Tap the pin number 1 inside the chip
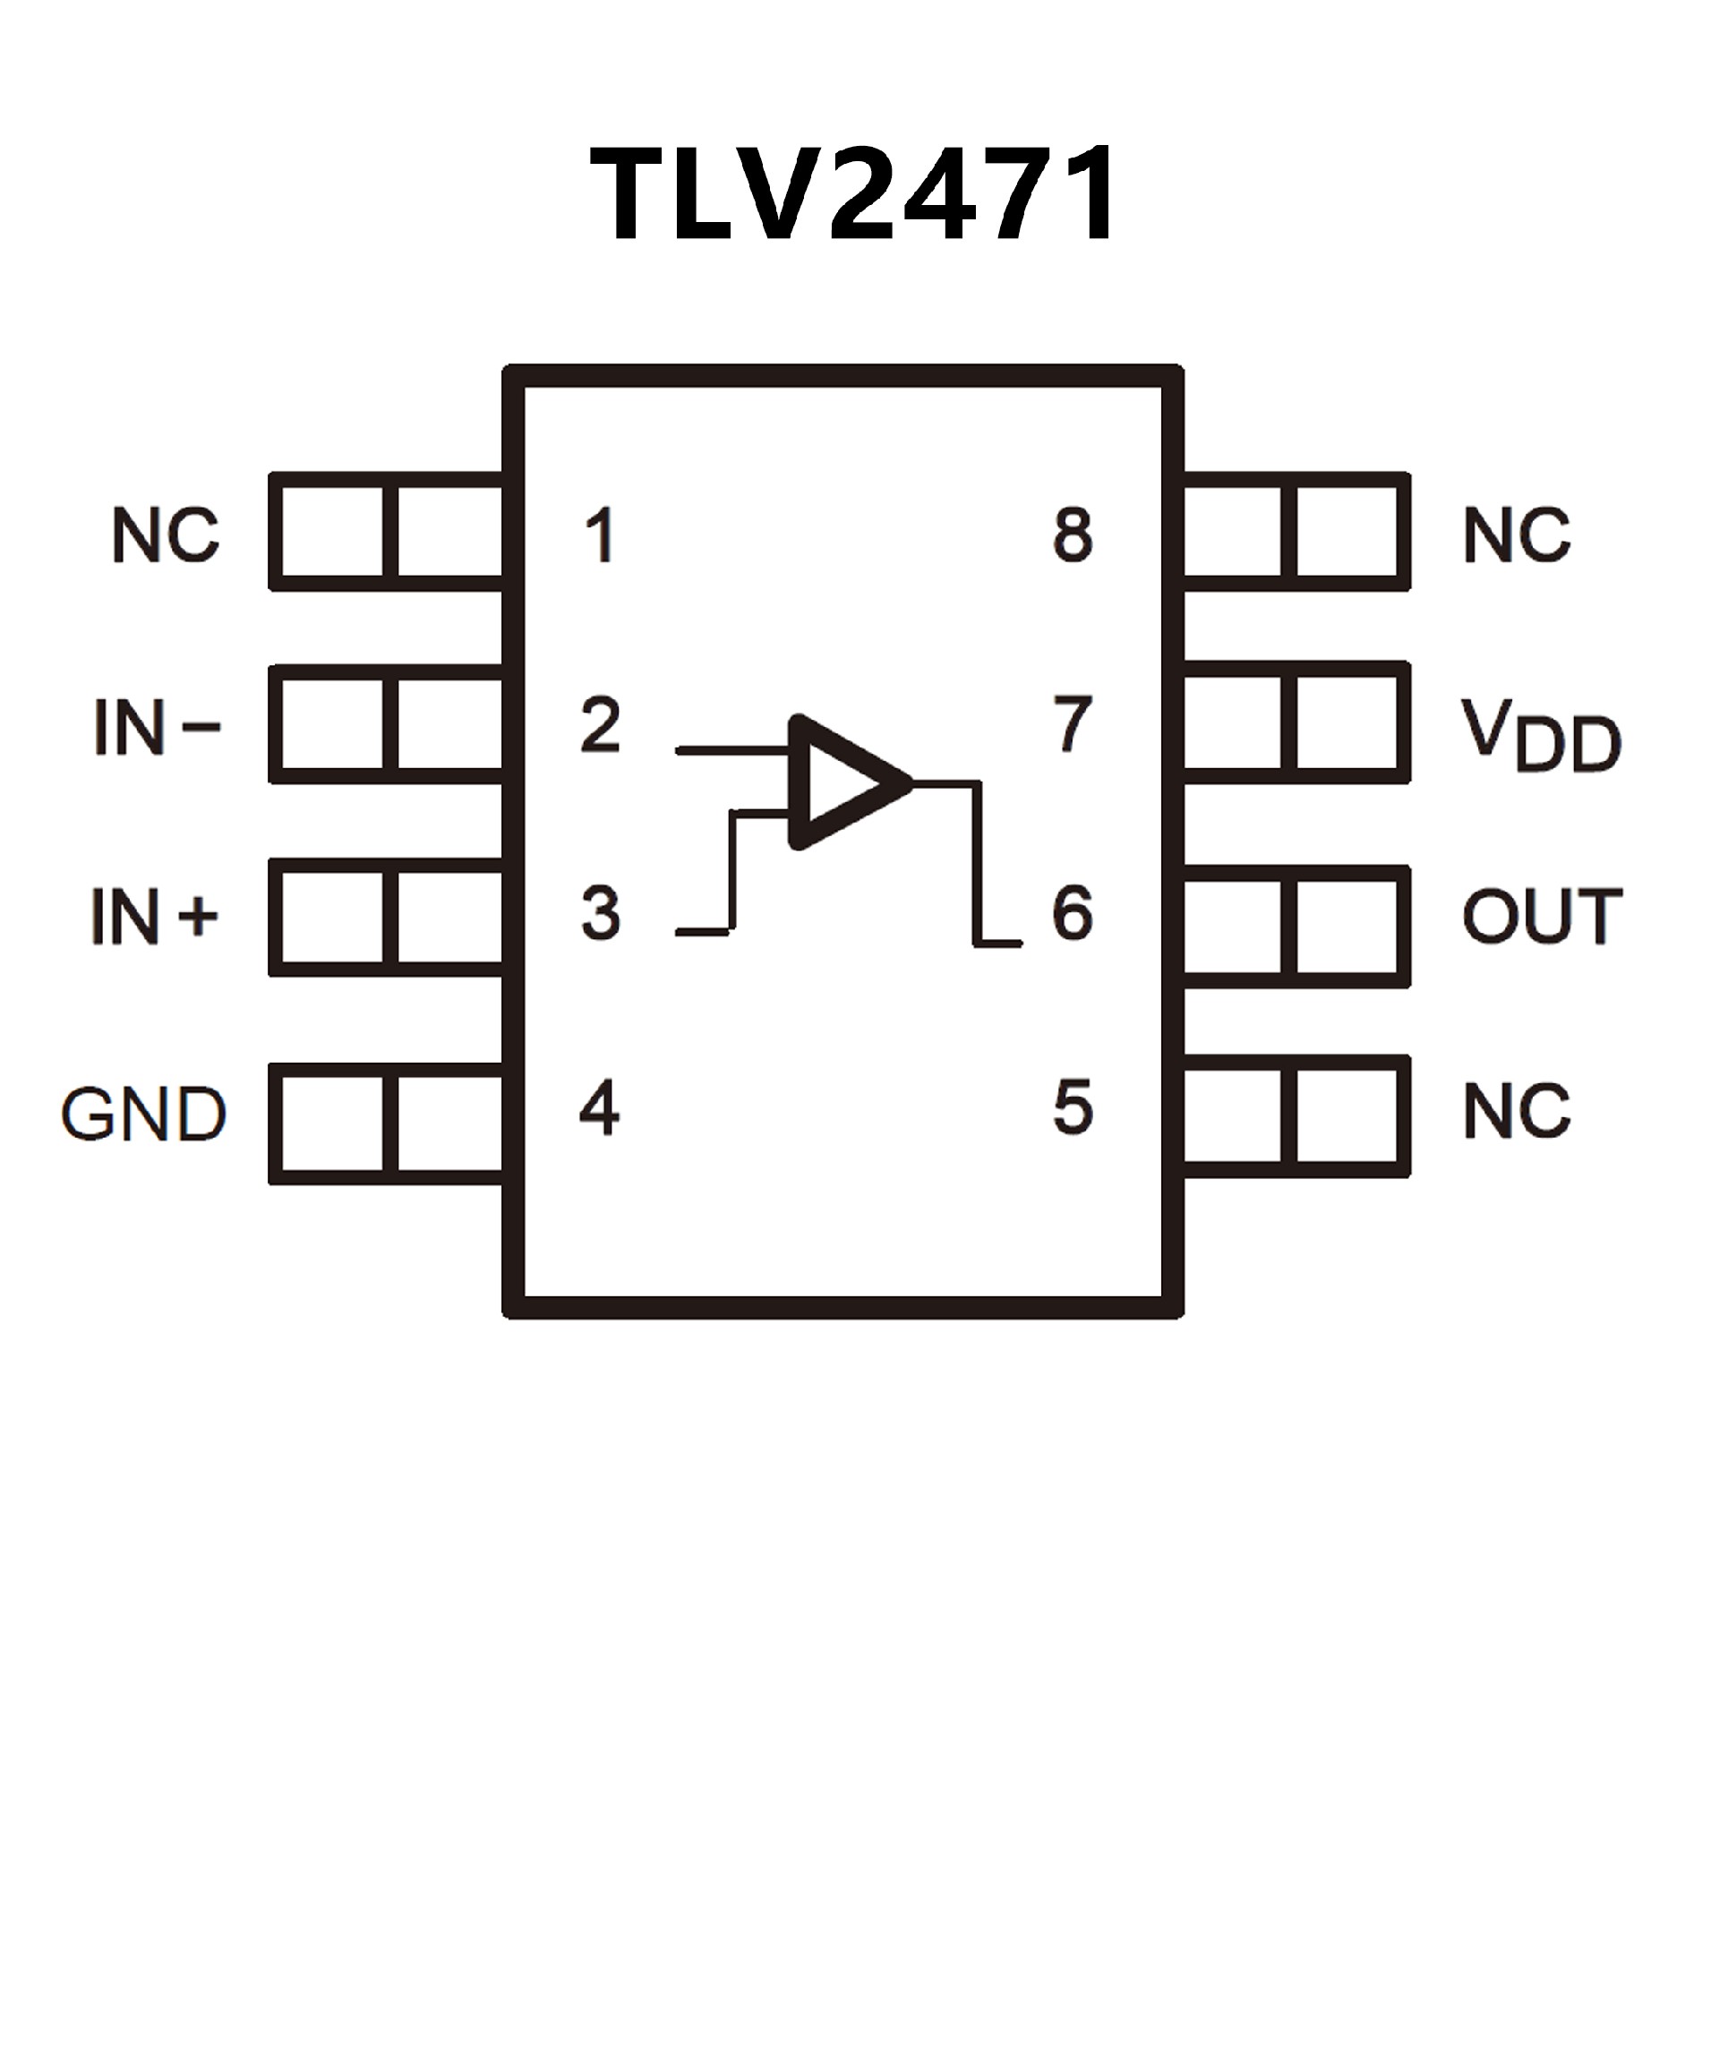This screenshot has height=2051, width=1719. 599,535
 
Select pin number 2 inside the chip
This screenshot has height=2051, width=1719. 600,724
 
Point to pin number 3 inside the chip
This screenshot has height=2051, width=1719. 600,913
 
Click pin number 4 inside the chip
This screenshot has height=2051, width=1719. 599,1108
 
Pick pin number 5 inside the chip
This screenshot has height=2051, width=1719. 1073,1108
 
